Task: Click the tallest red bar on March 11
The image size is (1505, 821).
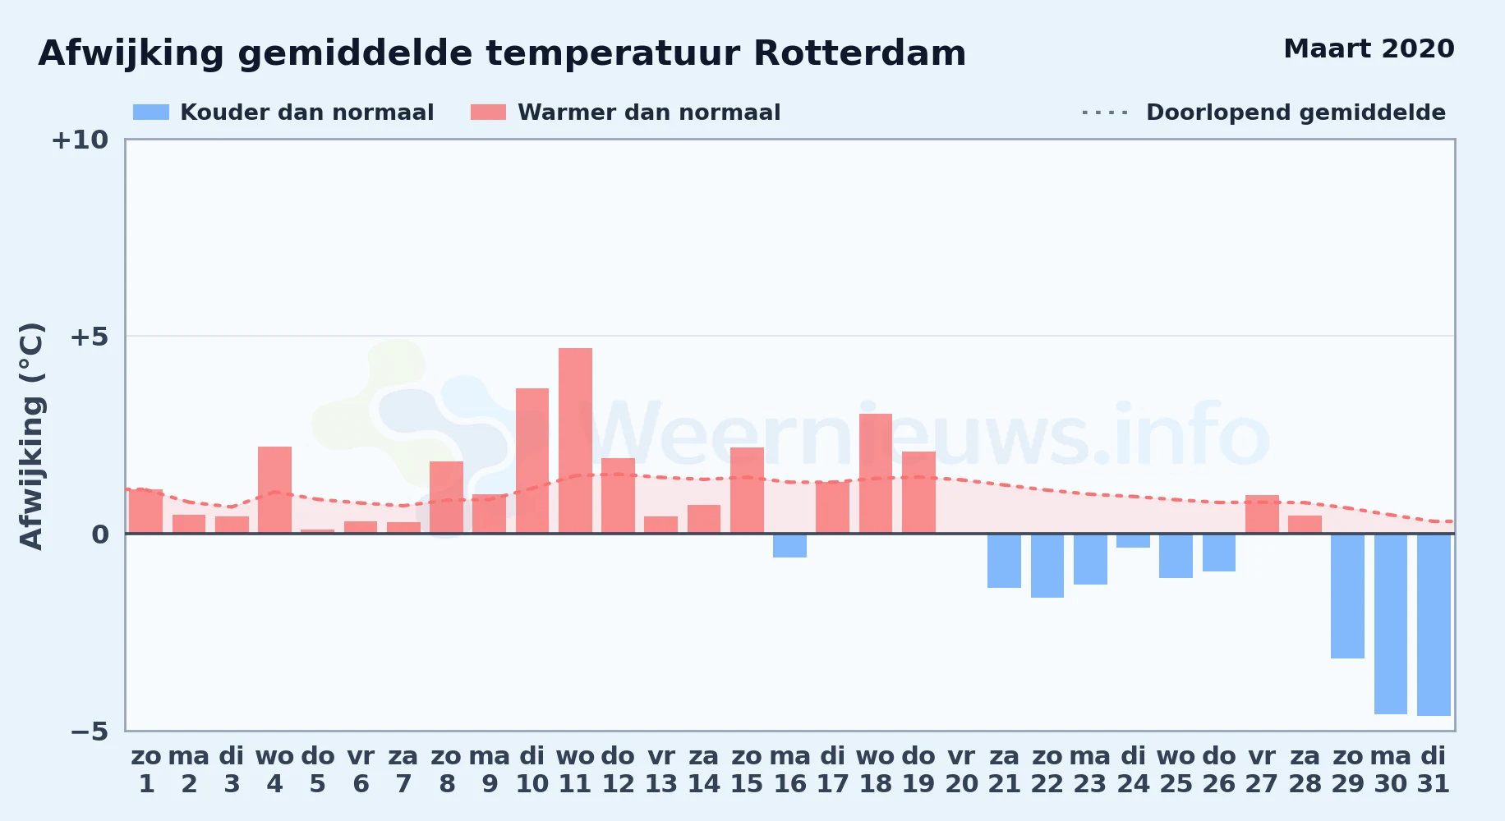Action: (575, 441)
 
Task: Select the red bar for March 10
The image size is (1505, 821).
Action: (532, 461)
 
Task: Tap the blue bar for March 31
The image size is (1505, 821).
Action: (1434, 625)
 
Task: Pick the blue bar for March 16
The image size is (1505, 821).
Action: (789, 546)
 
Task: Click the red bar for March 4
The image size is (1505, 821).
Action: (274, 490)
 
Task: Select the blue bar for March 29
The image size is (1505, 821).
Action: (1347, 596)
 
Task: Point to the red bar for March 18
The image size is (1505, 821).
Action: (876, 474)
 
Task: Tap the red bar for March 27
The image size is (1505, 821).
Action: (1262, 514)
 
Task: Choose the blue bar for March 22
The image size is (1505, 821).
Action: (1047, 566)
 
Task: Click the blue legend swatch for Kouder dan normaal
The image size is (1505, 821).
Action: (151, 112)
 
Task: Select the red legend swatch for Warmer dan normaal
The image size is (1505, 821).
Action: (488, 112)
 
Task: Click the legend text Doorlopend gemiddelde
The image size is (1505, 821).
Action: (1296, 112)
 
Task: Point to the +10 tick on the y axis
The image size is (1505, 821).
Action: (80, 140)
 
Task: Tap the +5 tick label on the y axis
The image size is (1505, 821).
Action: (89, 337)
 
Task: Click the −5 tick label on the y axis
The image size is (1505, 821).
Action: (89, 732)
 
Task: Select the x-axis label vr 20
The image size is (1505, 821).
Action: (961, 770)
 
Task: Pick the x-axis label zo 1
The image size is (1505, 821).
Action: (146, 770)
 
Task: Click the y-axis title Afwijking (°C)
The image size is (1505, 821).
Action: (31, 436)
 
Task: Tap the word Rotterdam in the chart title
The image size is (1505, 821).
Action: (859, 53)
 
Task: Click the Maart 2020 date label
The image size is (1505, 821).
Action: (1369, 48)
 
